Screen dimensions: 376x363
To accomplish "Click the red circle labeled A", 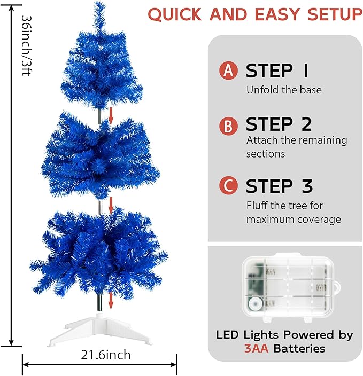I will (x=228, y=70).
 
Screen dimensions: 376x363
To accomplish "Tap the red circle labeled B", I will (x=228, y=126).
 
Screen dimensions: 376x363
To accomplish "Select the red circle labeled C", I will (x=228, y=186).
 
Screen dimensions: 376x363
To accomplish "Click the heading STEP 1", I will (x=277, y=70).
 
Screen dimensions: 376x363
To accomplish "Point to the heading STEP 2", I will (x=279, y=124).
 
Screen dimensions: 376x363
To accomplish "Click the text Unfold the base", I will (x=284, y=90).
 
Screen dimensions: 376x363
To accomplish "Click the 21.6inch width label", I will (x=105, y=355).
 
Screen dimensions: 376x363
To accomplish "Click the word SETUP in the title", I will (x=333, y=14).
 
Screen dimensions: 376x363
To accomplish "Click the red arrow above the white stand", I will (x=111, y=301).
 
